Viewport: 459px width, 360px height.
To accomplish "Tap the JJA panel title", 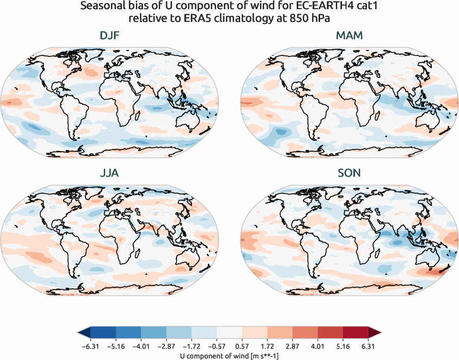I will [110, 173].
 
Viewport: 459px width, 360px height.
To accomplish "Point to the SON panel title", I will [349, 173].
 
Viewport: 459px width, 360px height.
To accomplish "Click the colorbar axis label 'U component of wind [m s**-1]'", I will [230, 355].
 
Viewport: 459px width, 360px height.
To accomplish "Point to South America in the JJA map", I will [71, 250].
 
